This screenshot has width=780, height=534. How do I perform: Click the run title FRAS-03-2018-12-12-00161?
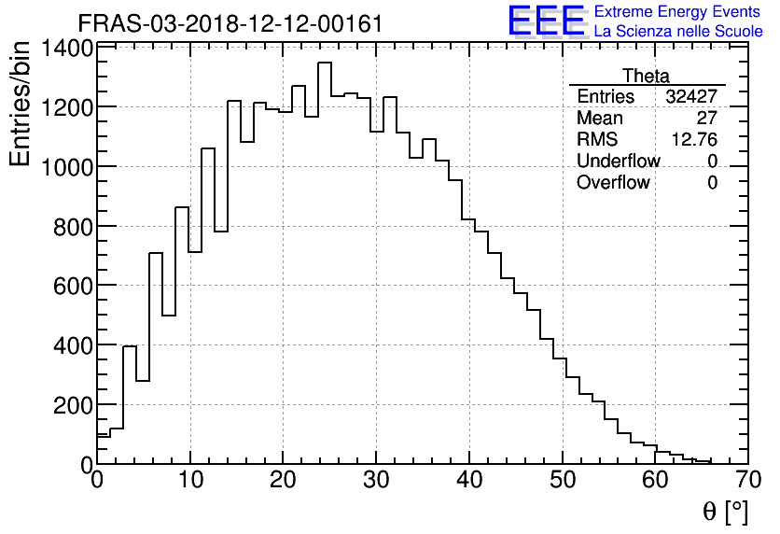(x=230, y=23)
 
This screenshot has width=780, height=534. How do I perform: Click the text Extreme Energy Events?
(x=677, y=12)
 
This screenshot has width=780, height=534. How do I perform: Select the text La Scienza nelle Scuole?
(x=677, y=32)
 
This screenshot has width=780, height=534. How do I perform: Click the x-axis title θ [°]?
(x=725, y=512)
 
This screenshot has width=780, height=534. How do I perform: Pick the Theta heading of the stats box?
(x=646, y=76)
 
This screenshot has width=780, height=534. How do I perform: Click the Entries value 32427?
(x=691, y=97)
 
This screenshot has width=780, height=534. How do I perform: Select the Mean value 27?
(x=706, y=119)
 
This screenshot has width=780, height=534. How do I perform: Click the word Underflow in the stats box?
(x=618, y=162)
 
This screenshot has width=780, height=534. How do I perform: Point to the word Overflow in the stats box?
(x=613, y=183)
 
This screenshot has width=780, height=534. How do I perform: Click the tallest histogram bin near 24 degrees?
(x=325, y=261)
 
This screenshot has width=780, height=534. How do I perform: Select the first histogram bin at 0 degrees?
(x=103, y=449)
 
